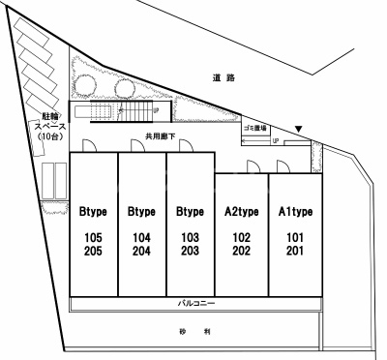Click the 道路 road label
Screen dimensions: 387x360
point(224,76)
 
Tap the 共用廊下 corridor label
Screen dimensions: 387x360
point(160,136)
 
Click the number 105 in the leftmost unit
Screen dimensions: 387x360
point(93,237)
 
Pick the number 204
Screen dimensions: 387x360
point(141,250)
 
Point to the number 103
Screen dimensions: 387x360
point(190,237)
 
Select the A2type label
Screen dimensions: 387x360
point(241,211)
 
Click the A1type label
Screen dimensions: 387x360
point(294,211)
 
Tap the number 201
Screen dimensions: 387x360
point(294,250)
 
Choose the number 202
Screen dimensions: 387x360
point(241,250)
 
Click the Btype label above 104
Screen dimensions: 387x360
point(141,211)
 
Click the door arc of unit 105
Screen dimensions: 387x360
point(87,146)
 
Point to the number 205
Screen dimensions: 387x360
point(93,250)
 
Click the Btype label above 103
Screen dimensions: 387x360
point(190,211)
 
